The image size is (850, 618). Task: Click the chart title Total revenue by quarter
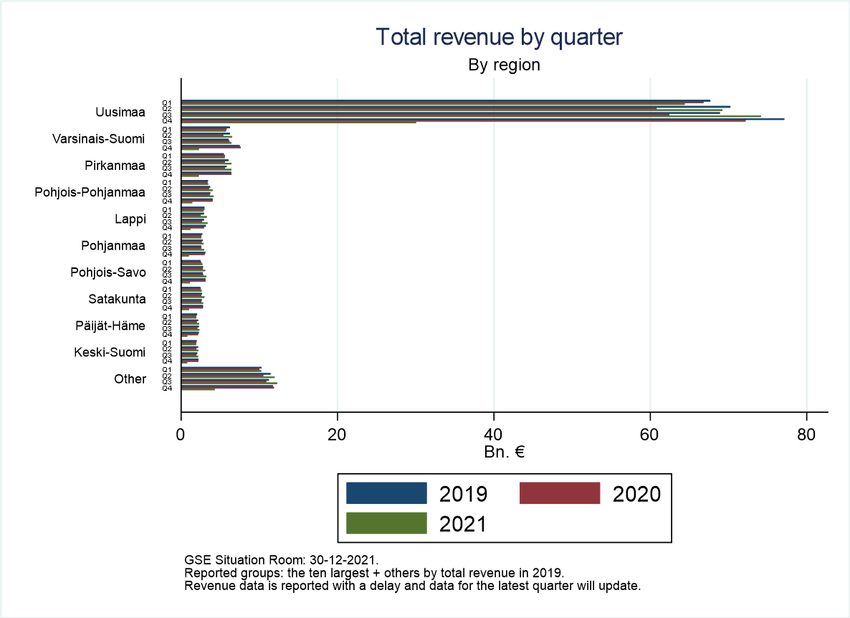[500, 37]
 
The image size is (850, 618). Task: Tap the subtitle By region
[504, 65]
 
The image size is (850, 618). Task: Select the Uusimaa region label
[120, 113]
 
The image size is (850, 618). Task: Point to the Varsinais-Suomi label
[98, 139]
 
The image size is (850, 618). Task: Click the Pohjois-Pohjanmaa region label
[90, 192]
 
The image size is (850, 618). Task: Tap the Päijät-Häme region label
[110, 325]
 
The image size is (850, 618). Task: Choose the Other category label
[130, 379]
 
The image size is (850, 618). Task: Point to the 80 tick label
[806, 434]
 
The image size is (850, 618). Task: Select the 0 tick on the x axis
[181, 434]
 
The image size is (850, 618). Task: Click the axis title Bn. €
[504, 453]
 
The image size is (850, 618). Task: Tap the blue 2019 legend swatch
[386, 493]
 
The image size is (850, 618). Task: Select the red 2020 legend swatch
[559, 493]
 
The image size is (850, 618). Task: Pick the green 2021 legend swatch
[386, 523]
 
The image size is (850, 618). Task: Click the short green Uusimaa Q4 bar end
[415, 123]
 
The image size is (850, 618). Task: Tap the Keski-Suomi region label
[110, 352]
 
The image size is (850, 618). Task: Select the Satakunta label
[117, 299]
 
